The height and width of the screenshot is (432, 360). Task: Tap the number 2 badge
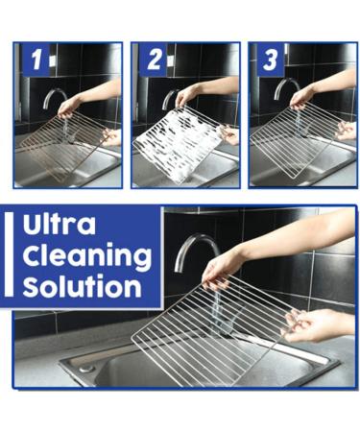(x=155, y=61)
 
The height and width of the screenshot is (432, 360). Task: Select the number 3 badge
(x=272, y=61)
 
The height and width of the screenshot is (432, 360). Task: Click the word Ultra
(x=59, y=227)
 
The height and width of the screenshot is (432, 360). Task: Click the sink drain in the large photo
(x=86, y=367)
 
